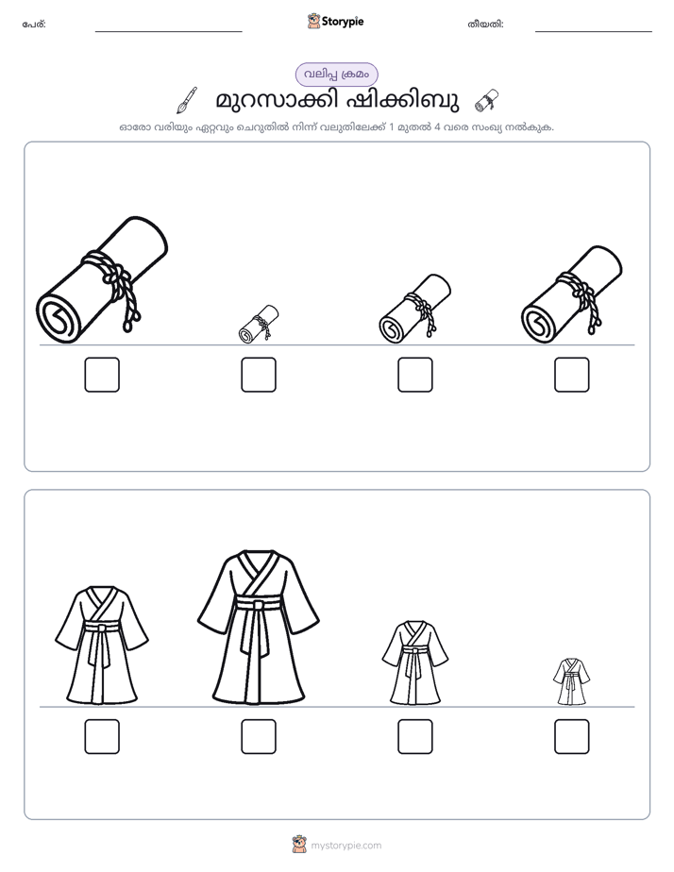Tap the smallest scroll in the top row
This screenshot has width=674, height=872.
pos(259,324)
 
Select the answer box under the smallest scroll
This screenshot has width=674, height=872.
pos(259,375)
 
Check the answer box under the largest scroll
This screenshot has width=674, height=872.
pos(102,375)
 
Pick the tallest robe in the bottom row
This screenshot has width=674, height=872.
pos(259,628)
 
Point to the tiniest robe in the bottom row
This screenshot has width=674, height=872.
pos(572,681)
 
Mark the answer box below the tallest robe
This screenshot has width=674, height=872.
pos(259,737)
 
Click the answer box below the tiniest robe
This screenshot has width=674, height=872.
pos(572,737)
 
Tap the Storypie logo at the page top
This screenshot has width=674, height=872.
pos(336,22)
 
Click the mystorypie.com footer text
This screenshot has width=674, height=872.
pos(345,846)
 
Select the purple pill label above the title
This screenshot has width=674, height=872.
pos(336,75)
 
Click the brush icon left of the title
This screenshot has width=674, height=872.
pos(187,100)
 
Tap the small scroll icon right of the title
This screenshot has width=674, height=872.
pos(486,101)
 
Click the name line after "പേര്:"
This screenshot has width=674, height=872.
pos(168,32)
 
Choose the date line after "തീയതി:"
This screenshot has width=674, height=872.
pos(594,32)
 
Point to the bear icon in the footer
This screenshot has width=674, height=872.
pos(299,845)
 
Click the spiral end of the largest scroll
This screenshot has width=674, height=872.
pos(59,317)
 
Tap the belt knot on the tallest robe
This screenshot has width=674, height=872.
pos(259,605)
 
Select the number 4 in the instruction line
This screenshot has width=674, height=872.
pos(437,127)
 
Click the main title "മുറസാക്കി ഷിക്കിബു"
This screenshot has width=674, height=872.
pos(337,101)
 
